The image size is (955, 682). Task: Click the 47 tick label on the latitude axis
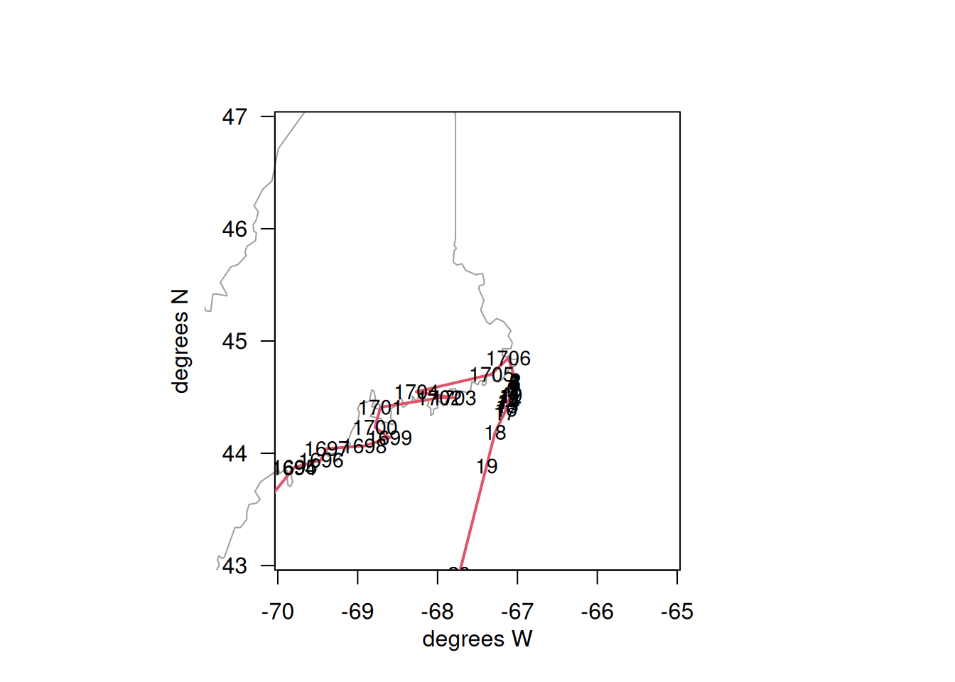click(x=234, y=117)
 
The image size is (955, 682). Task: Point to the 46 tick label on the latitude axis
click(x=234, y=229)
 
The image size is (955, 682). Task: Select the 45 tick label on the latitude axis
click(x=234, y=341)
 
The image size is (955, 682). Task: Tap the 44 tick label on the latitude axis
click(x=234, y=453)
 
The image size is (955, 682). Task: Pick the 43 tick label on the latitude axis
click(x=234, y=566)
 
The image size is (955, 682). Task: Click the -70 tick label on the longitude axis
click(x=277, y=612)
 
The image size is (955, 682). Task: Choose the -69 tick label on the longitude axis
click(x=357, y=612)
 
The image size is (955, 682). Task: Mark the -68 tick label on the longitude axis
click(x=437, y=612)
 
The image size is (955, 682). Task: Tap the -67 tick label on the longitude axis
click(x=517, y=612)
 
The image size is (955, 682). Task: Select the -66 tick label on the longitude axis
click(x=597, y=612)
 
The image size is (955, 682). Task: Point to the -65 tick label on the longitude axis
click(x=676, y=612)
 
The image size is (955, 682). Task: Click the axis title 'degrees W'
click(x=477, y=639)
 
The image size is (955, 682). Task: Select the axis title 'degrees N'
click(x=180, y=341)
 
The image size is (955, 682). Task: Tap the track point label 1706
click(x=508, y=359)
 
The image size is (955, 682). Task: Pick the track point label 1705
click(x=492, y=375)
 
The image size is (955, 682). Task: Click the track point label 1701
click(x=380, y=408)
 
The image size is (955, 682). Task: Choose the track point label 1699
click(x=392, y=438)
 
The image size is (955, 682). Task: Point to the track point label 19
click(x=487, y=467)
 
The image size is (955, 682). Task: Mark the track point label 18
click(x=495, y=433)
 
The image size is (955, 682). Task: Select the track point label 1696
click(x=323, y=461)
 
